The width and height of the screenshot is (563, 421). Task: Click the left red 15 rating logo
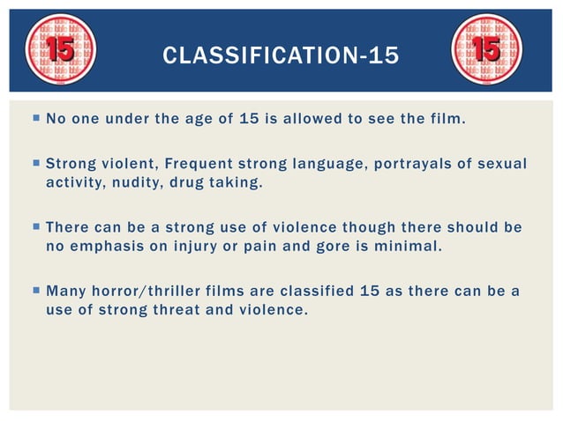pos(59,50)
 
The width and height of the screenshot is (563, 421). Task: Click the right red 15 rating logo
pos(486,50)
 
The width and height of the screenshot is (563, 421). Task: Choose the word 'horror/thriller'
pos(154,290)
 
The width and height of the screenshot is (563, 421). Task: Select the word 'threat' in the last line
pos(194,309)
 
